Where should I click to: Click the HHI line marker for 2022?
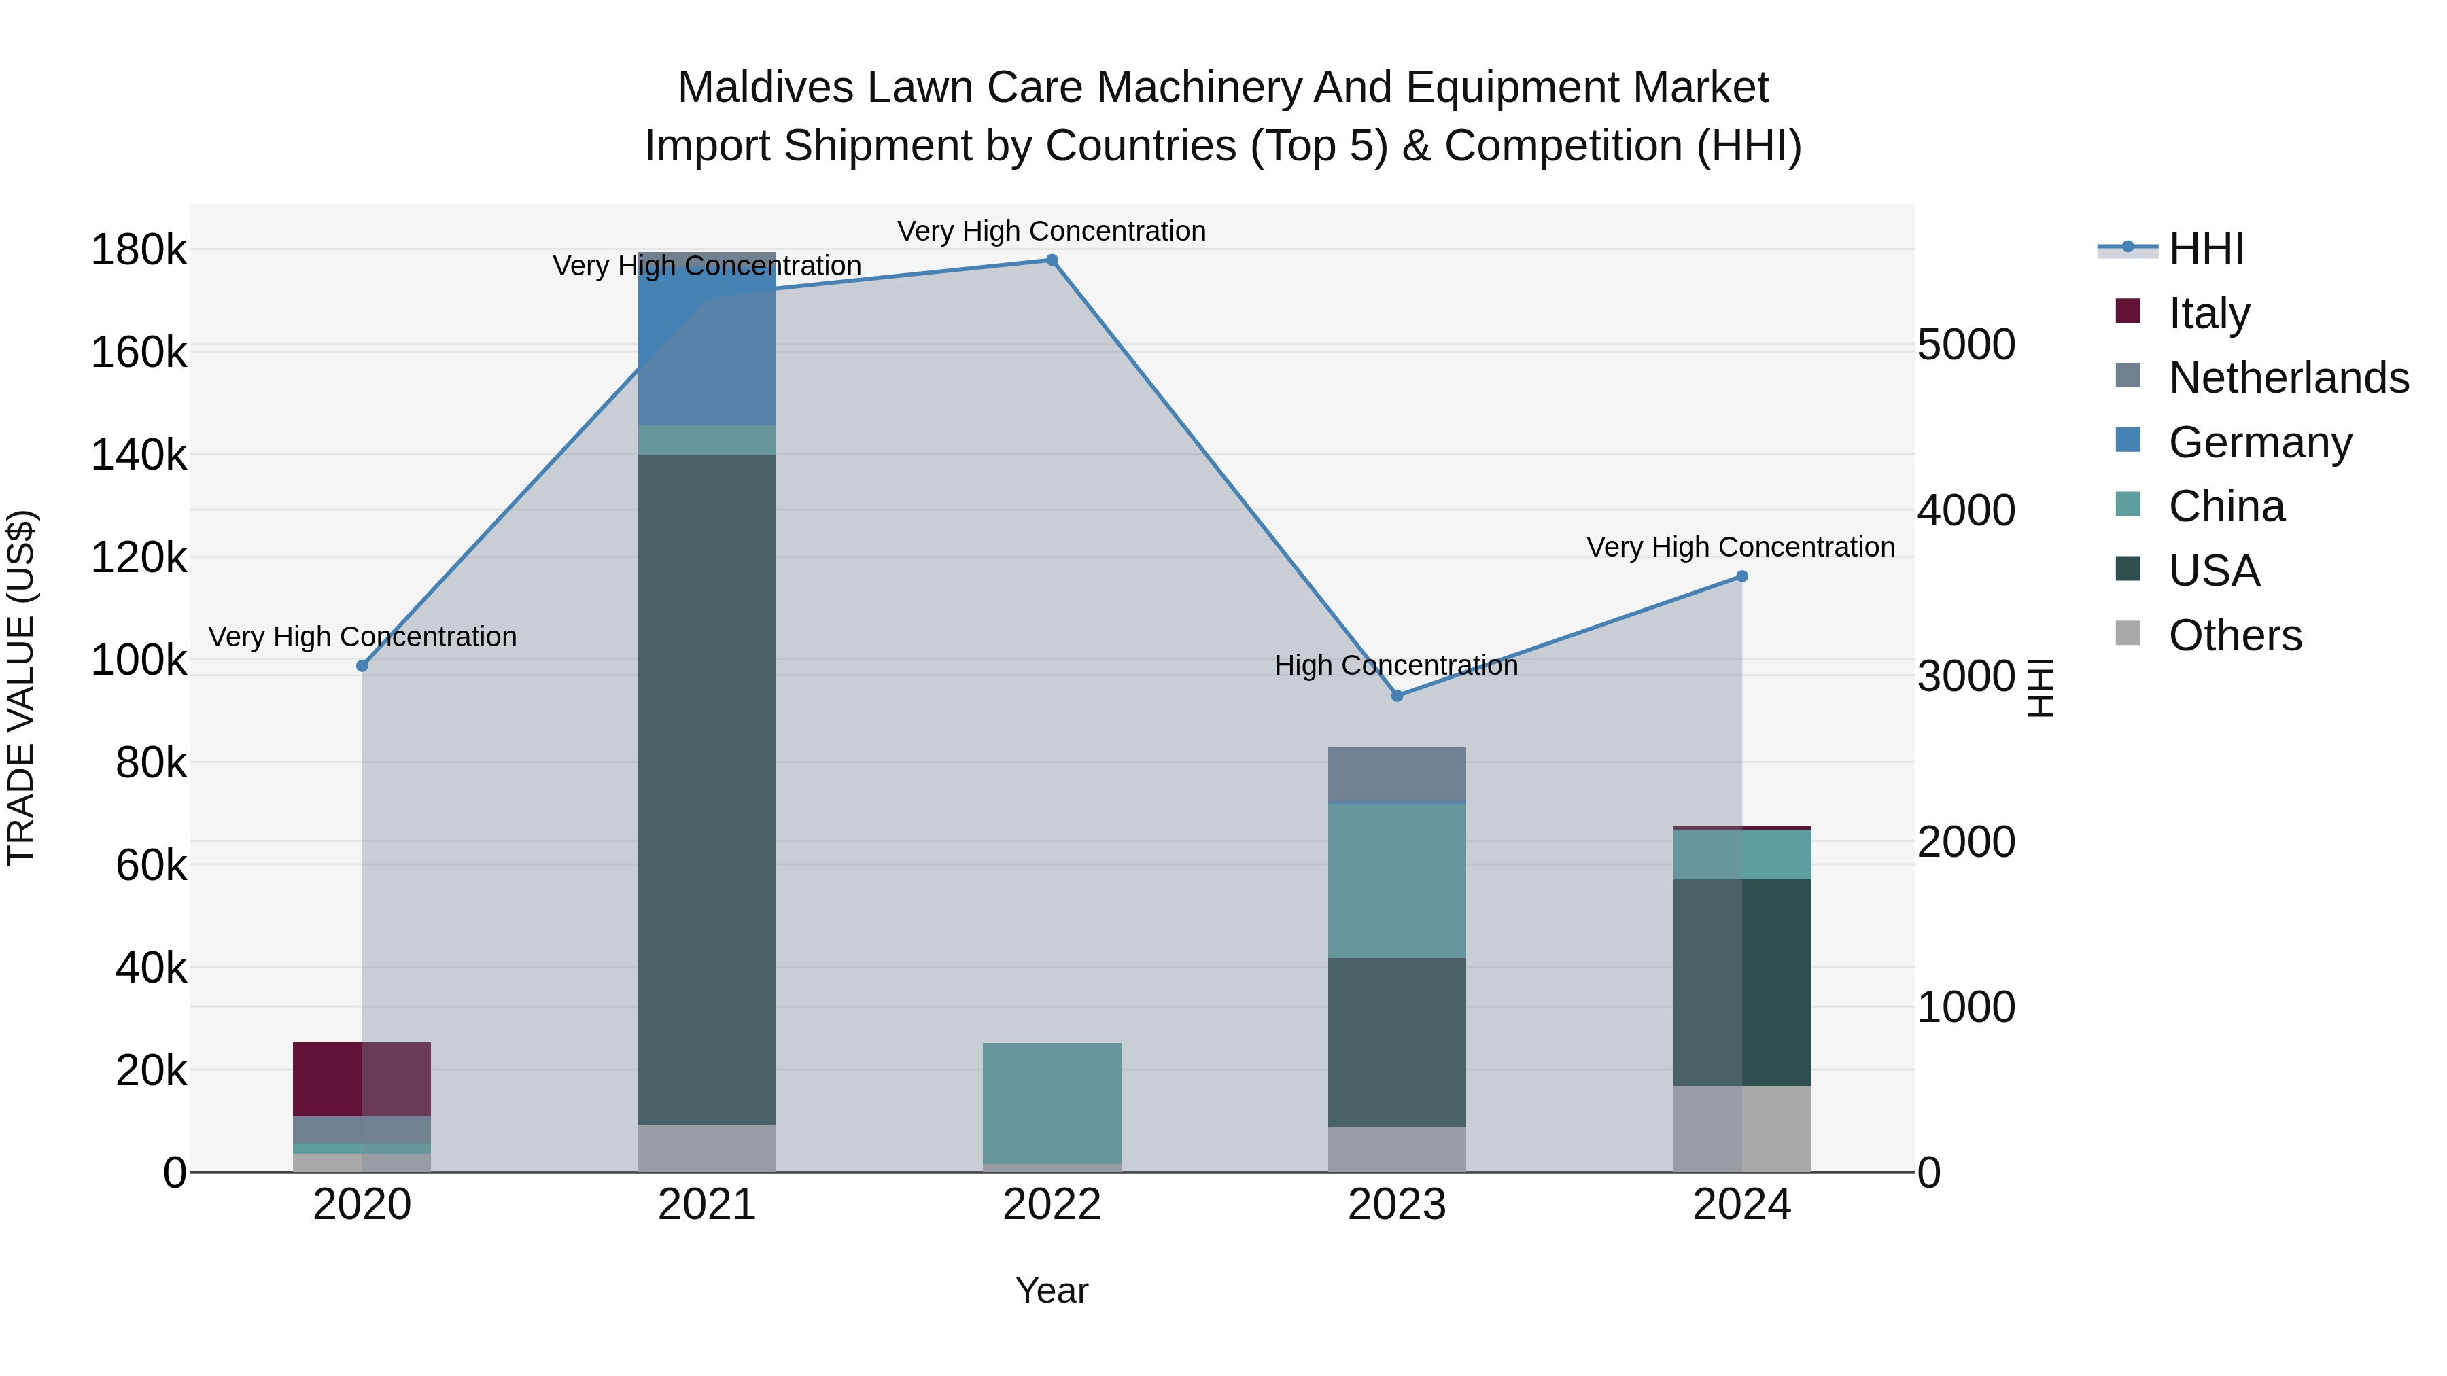1052,260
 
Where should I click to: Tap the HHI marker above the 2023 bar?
1396,696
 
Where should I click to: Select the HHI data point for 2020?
362,666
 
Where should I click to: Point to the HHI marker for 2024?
1741,576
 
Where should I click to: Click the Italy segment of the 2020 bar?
362,1079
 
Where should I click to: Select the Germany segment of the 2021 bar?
707,338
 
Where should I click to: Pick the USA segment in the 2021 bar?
707,788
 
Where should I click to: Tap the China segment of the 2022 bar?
1052,1103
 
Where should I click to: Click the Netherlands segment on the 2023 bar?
1396,774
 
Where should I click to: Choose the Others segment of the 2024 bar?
1741,1128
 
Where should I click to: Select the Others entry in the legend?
2234,635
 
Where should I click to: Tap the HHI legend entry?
2206,249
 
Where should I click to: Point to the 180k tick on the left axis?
139,251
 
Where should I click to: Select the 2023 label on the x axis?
1396,1205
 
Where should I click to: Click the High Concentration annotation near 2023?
1395,666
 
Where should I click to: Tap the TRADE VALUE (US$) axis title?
21,688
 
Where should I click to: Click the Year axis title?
1052,1290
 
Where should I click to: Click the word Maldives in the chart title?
765,88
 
